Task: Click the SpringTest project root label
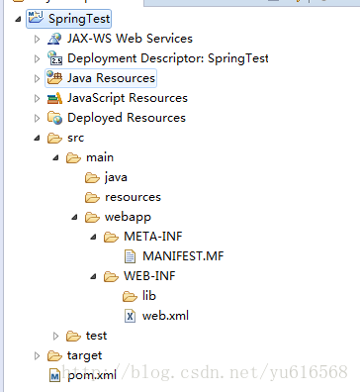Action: click(72, 18)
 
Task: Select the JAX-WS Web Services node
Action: click(129, 38)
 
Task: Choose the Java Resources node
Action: click(111, 77)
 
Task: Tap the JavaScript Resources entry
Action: click(127, 97)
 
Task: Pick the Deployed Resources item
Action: click(126, 117)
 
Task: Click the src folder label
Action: click(76, 138)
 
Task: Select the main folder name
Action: click(100, 157)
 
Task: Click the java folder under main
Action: click(117, 177)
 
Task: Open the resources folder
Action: click(132, 197)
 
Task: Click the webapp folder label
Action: click(127, 217)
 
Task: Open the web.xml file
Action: click(165, 316)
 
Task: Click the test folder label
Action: click(96, 336)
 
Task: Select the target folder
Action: click(83, 355)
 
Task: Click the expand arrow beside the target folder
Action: click(38, 355)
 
